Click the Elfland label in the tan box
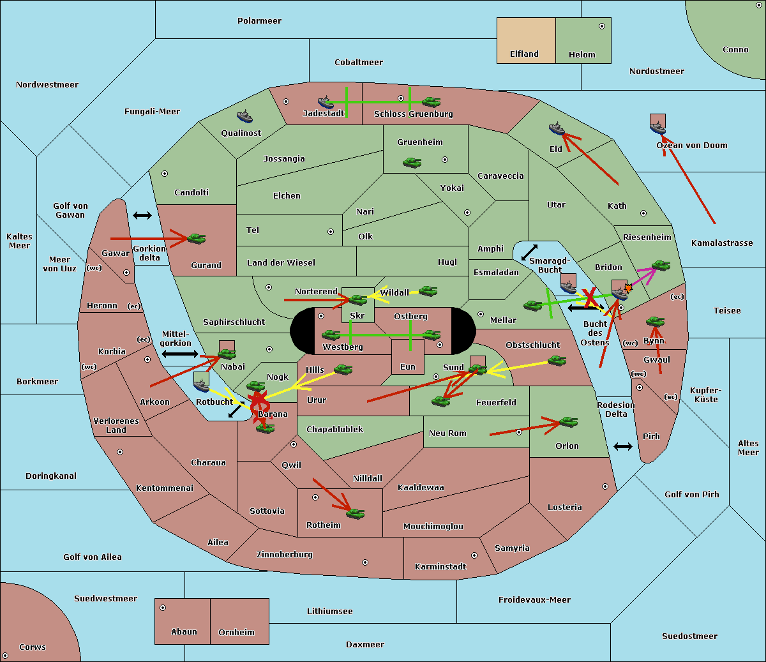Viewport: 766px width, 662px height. click(x=524, y=54)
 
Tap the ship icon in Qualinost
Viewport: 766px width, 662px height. click(x=244, y=116)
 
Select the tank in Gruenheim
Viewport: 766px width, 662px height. click(x=412, y=162)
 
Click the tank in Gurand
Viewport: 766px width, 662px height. click(x=197, y=238)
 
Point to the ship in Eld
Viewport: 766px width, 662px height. click(x=557, y=128)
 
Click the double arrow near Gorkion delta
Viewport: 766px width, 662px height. click(x=142, y=215)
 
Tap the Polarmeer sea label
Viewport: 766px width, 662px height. click(x=259, y=21)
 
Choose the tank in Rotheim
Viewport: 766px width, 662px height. click(x=356, y=513)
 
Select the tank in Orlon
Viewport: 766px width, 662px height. click(x=569, y=422)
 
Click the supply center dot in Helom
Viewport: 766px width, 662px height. click(x=602, y=26)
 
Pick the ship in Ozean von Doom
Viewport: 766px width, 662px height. click(x=657, y=127)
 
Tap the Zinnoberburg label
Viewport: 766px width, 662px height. click(x=285, y=555)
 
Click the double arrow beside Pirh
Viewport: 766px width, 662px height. click(x=623, y=447)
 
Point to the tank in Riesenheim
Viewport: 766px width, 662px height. click(x=661, y=266)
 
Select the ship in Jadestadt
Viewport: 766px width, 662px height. click(x=326, y=102)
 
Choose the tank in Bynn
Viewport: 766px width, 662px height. click(x=655, y=321)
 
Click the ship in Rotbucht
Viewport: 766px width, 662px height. click(x=201, y=385)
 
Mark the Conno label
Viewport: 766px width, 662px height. click(x=735, y=50)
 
